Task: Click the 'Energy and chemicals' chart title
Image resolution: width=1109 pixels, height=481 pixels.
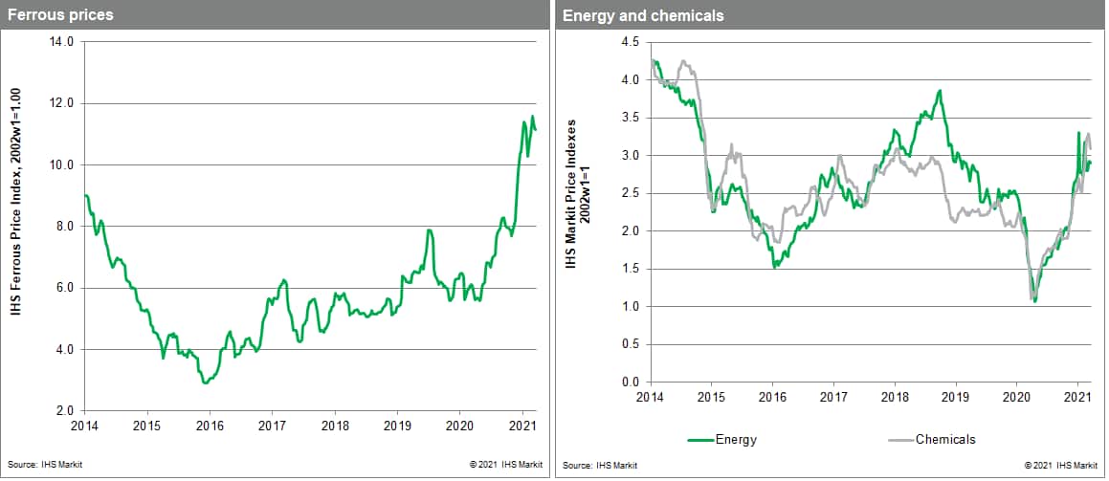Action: point(629,15)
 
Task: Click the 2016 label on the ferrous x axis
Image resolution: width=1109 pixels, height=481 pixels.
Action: point(210,426)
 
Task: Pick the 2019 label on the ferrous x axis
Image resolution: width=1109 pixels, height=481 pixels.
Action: point(397,426)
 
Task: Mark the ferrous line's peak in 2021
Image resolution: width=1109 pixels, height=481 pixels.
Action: point(533,117)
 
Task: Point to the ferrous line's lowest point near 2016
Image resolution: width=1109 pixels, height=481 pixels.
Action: point(206,383)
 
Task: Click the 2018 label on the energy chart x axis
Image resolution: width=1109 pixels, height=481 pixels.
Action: point(895,396)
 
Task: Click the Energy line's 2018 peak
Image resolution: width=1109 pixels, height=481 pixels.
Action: point(941,91)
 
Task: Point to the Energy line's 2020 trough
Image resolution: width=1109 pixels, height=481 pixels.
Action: point(1035,302)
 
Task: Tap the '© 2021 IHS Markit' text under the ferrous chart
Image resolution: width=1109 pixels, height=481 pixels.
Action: point(506,466)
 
